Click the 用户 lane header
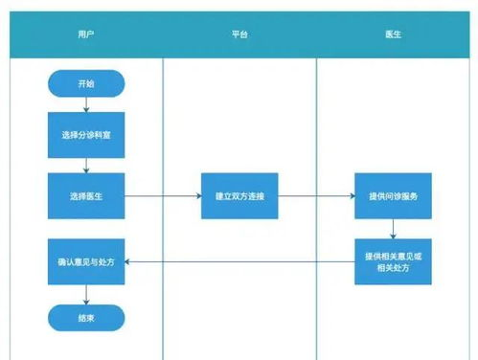(86, 34)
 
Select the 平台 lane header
(239, 34)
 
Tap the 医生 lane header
(393, 34)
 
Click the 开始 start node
(86, 84)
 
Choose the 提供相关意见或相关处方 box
(393, 260)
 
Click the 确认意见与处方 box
(86, 260)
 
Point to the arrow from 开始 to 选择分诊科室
(86, 104)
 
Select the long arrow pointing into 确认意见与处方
(239, 260)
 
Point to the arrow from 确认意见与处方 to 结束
(86, 292)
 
